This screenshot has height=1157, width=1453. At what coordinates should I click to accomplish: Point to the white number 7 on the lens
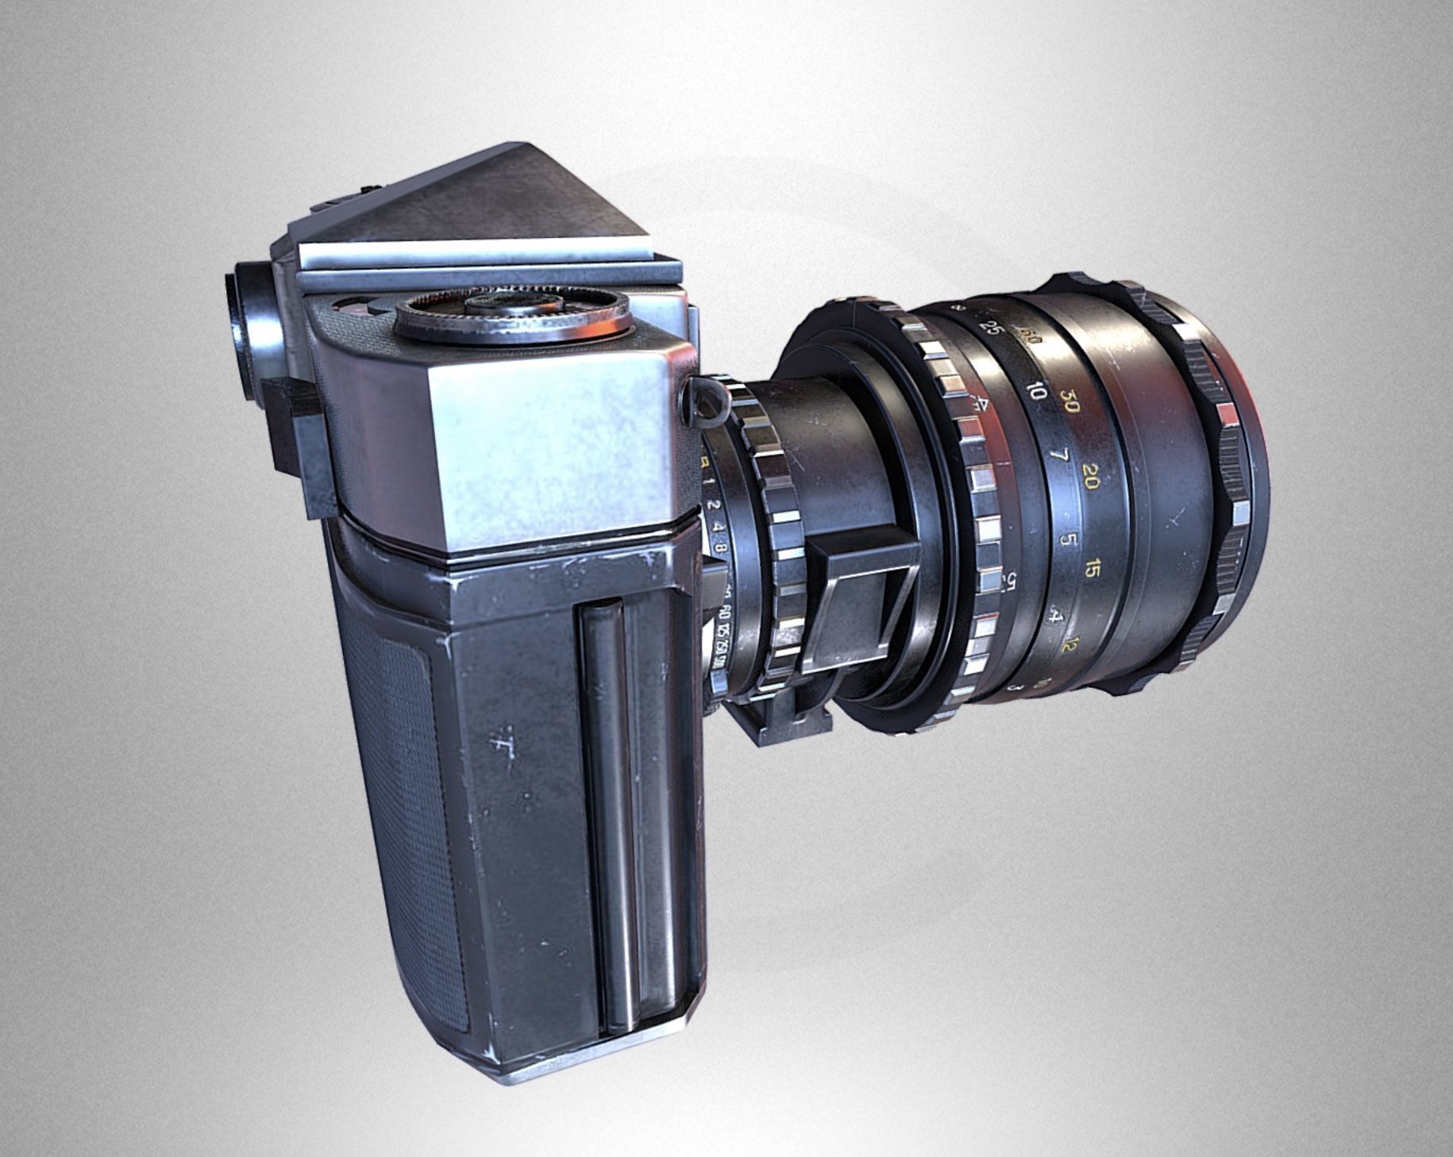pos(1057,458)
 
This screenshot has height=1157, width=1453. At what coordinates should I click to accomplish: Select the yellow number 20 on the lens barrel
pos(1090,478)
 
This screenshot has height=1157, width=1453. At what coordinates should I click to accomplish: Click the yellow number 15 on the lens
pos(1093,569)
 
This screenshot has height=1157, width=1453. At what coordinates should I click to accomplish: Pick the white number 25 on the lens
pos(989,327)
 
